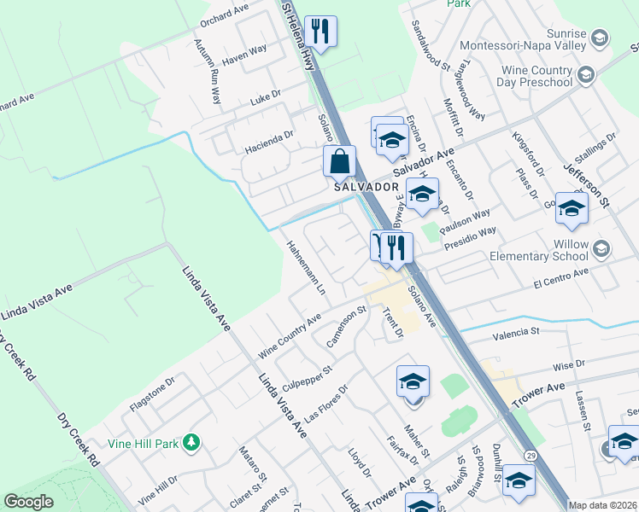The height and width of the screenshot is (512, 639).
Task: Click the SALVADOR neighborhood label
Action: coord(366,186)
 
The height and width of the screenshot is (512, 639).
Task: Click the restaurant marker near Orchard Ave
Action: coord(321,31)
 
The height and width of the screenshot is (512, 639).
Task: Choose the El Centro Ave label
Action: coord(561,274)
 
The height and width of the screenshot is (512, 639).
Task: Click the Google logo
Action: coord(28,502)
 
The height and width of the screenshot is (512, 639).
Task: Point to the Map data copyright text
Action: coord(602,505)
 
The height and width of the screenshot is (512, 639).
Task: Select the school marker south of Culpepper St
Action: coord(413,381)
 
